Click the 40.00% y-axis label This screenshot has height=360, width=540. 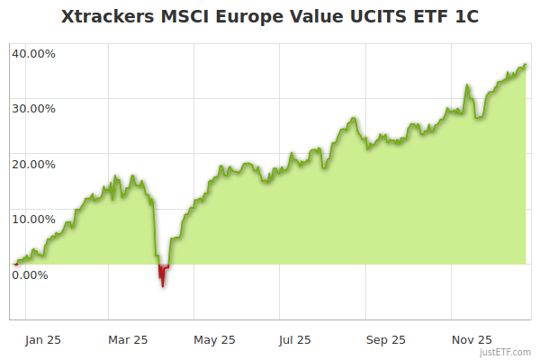(x=33, y=53)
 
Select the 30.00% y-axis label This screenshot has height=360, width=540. (x=33, y=108)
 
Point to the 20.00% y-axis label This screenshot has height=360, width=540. (x=33, y=164)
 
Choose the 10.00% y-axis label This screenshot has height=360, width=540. (x=33, y=219)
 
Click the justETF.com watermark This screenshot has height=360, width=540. (x=506, y=353)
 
